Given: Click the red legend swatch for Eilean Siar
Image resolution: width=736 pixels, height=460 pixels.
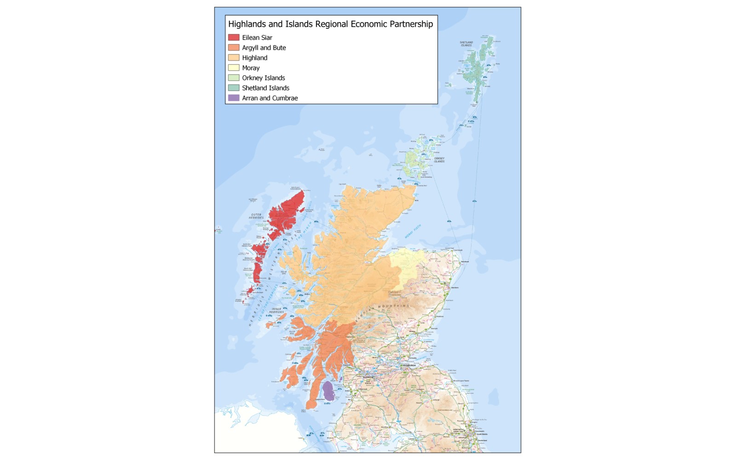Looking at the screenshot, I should pos(234,37).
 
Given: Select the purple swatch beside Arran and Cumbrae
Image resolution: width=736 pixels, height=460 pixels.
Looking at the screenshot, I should pos(234,98).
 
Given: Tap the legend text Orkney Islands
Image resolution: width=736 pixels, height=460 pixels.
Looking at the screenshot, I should pos(263,78).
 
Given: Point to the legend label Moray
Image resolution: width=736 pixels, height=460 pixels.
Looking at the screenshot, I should pos(251,68).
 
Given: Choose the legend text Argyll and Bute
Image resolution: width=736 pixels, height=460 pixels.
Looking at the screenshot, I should pos(264,47).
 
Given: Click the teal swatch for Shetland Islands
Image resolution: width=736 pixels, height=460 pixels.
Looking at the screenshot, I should pos(234,88).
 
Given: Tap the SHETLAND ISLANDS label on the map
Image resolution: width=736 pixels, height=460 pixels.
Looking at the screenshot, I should pos(466,44).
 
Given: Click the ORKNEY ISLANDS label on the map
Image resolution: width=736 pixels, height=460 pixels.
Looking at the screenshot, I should pos(439,160).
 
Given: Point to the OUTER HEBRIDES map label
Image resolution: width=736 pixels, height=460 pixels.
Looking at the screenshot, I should pos(256,216).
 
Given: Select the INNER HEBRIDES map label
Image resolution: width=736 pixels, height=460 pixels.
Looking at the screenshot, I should pos(276,310).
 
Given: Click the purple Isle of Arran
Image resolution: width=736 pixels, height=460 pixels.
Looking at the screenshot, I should pos(328,391).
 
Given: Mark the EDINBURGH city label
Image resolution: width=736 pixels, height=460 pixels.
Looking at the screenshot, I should pos(409,366).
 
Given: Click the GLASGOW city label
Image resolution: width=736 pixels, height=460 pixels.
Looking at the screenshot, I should pos(368,377).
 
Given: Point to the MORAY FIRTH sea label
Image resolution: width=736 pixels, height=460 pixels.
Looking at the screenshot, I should pos(413,231).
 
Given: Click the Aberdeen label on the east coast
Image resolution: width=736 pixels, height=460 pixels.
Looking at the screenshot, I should pos(455,287).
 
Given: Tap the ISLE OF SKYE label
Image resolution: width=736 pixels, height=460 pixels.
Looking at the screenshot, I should pos(284,272).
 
